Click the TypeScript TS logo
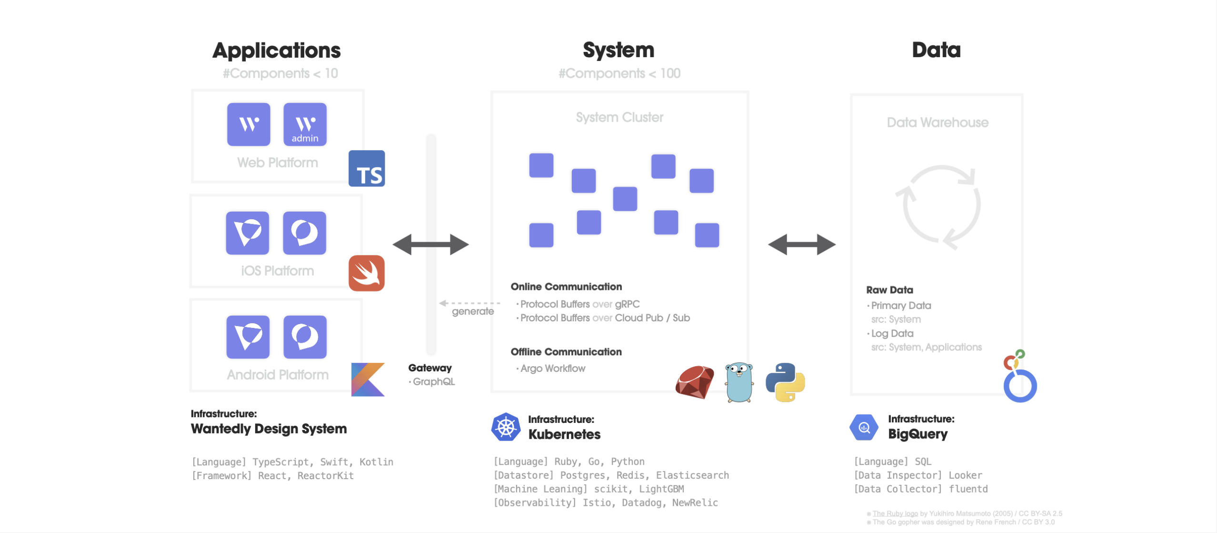pyautogui.click(x=367, y=169)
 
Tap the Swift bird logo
pyautogui.click(x=367, y=273)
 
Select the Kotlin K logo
pyautogui.click(x=368, y=379)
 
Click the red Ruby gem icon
pyautogui.click(x=695, y=382)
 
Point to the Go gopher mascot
pyautogui.click(x=739, y=382)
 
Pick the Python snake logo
pyautogui.click(x=785, y=382)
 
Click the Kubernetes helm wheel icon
pyautogui.click(x=506, y=427)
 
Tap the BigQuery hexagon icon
pyautogui.click(x=864, y=427)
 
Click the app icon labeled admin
pyautogui.click(x=305, y=124)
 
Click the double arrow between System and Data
pyautogui.click(x=802, y=245)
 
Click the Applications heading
pyautogui.click(x=277, y=51)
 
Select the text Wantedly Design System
pyautogui.click(x=269, y=429)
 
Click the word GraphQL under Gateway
pyautogui.click(x=434, y=382)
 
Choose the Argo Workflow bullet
pyautogui.click(x=552, y=369)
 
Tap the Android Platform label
pyautogui.click(x=278, y=375)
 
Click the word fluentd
pyautogui.click(x=968, y=489)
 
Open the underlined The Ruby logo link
pyautogui.click(x=895, y=513)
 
